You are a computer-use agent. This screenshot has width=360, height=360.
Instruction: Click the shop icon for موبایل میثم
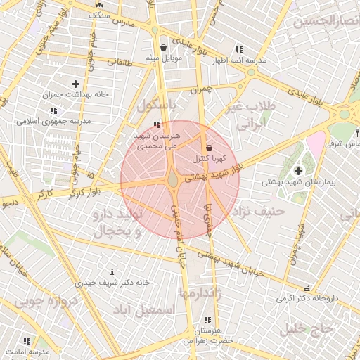[x=164, y=48]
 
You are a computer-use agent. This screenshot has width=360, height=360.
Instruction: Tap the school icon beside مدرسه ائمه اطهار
[x=239, y=50]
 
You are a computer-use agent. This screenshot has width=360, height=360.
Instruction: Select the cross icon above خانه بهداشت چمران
[x=75, y=84]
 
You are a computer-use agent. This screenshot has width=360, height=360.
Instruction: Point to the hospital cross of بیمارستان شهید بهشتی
[x=298, y=171]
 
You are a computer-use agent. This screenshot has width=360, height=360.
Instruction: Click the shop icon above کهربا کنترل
[x=210, y=148]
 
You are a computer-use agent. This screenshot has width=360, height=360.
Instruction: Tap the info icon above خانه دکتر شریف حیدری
[x=112, y=271]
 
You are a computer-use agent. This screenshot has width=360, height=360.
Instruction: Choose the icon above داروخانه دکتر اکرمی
[x=305, y=288]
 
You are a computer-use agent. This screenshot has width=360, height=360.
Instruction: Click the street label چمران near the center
[x=200, y=90]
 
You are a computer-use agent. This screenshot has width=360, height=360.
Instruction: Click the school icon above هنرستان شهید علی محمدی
[x=156, y=124]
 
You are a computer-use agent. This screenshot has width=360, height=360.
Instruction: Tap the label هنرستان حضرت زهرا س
[x=207, y=335]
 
